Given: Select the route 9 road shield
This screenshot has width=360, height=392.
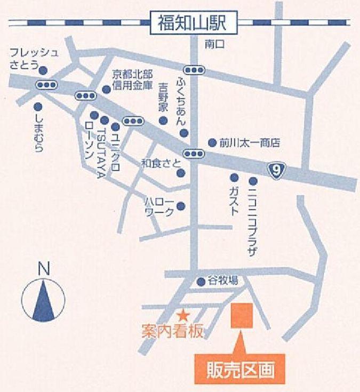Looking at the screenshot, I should click(x=276, y=171).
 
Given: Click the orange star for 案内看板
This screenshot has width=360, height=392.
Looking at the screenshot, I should click(x=183, y=315).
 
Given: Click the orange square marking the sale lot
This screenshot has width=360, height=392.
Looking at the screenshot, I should click(x=241, y=316).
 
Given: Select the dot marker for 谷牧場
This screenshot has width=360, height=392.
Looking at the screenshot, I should click(x=201, y=282).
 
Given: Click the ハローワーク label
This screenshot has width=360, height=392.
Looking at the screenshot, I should click(x=159, y=207).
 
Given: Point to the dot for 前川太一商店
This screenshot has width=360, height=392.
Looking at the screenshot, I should click(x=212, y=142).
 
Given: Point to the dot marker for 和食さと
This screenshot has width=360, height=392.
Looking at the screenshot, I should click(x=181, y=173).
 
